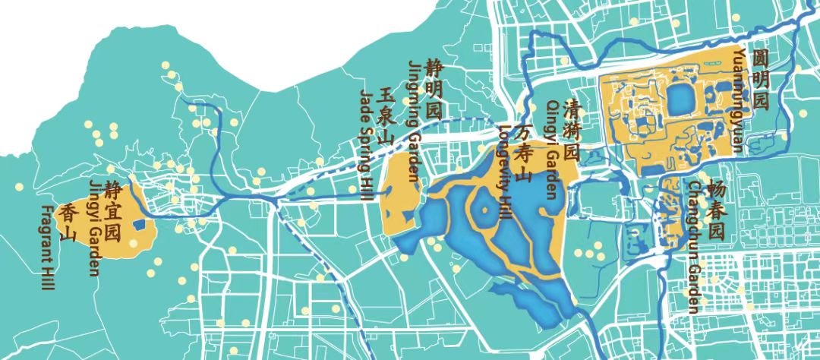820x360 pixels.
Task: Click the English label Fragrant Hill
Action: (x=49, y=248)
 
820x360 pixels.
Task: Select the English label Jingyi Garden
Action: (x=94, y=228)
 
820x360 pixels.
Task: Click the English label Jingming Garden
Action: (x=414, y=122)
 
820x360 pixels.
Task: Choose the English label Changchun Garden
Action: (x=694, y=247)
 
